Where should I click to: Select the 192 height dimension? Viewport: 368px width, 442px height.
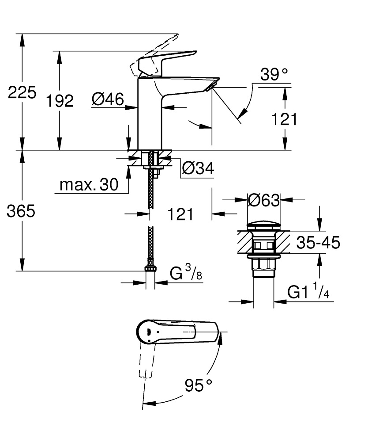[x=60, y=101]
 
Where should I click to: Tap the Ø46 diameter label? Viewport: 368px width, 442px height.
[x=108, y=100]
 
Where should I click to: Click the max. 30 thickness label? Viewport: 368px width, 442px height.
[x=89, y=186]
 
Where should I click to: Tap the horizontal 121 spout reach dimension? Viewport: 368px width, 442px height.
[x=180, y=214]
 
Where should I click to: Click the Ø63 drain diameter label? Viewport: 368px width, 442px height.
[x=264, y=200]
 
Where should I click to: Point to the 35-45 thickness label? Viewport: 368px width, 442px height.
[x=318, y=242]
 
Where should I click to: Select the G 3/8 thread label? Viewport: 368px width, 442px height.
[x=186, y=274]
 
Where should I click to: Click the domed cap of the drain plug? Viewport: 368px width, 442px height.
[x=263, y=223]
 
